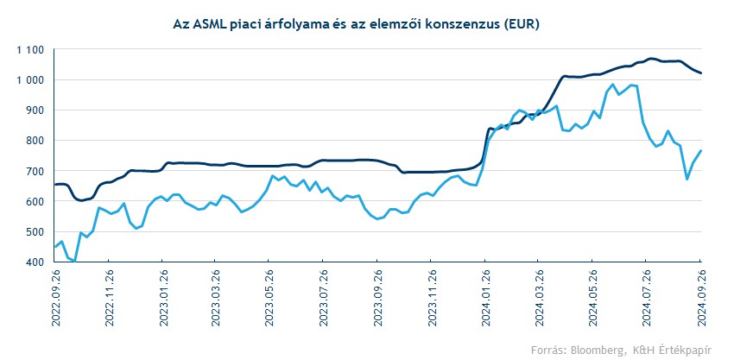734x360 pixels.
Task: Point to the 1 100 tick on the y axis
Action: (29, 50)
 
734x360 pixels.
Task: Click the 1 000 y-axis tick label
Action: (29, 80)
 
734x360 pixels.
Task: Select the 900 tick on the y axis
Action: (35, 111)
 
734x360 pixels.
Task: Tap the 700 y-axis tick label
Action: (35, 171)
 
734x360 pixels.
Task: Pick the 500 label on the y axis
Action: (35, 231)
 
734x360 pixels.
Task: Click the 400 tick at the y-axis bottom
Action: (35, 262)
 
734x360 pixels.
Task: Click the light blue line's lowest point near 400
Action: (75, 261)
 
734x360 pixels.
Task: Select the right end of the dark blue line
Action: (700, 73)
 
